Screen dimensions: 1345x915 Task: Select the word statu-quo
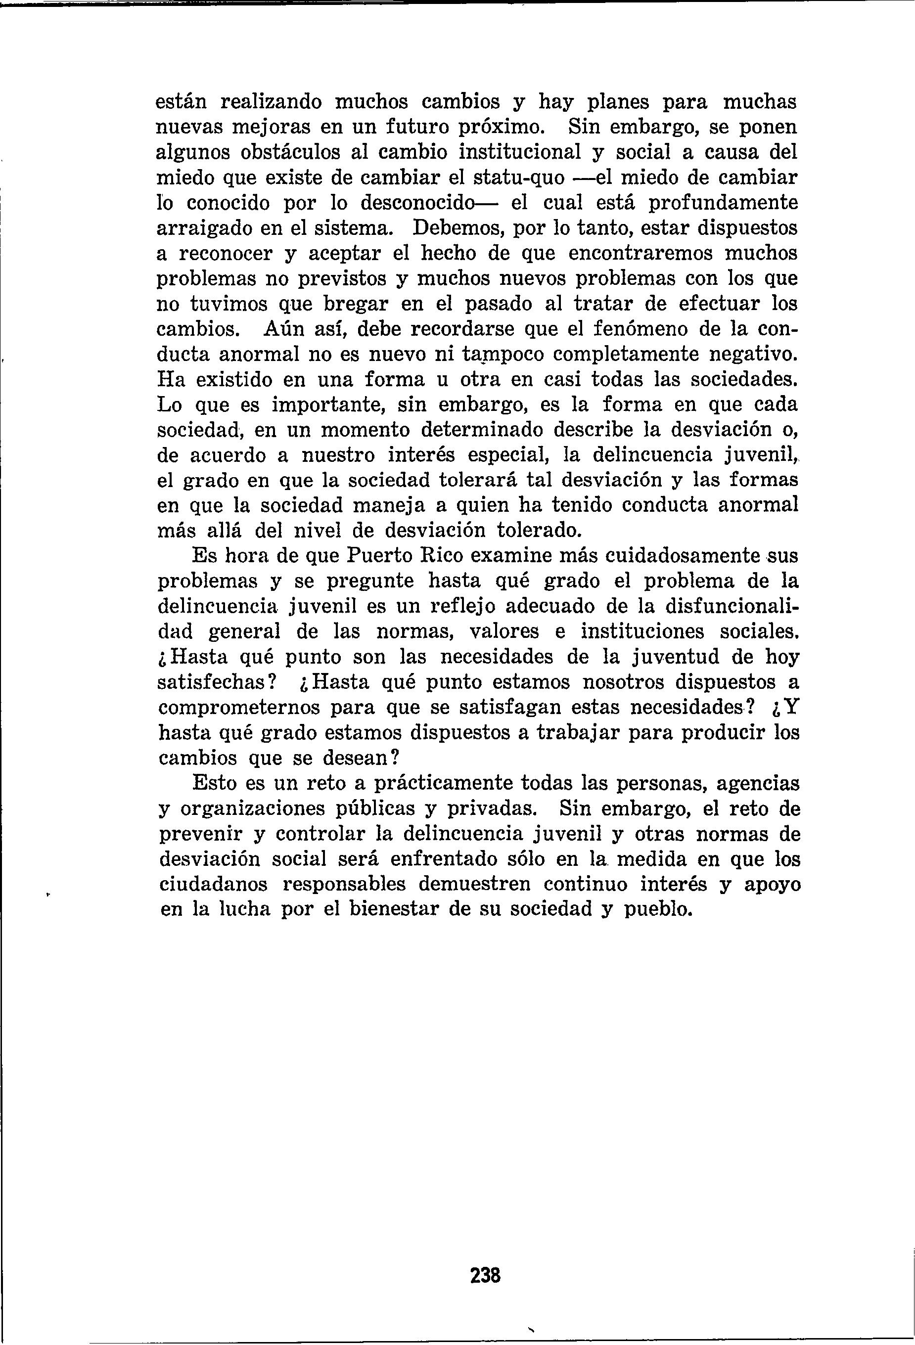pyautogui.click(x=510, y=178)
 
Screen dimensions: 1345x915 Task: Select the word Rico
pyautogui.click(x=447, y=557)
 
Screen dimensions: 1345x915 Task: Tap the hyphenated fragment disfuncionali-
pyautogui.click(x=732, y=607)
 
